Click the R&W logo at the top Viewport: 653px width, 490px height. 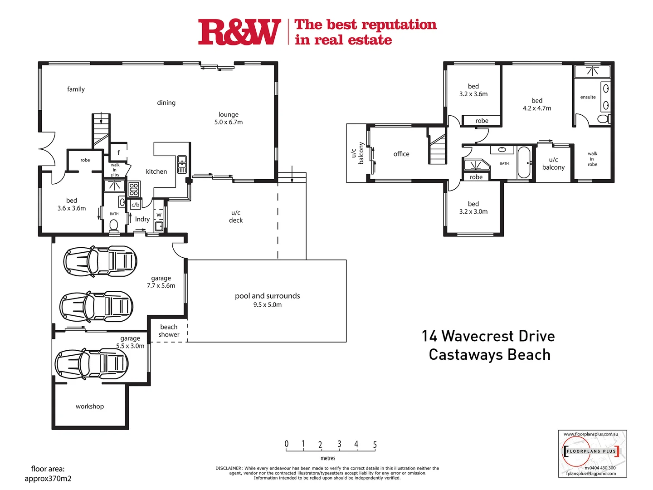coord(239,32)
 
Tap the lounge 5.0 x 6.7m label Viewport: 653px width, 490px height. coord(229,118)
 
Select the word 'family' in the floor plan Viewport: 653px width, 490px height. coord(76,89)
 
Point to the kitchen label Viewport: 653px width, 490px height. coord(156,171)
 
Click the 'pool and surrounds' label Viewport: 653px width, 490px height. coord(267,296)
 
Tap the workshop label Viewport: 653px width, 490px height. coord(90,407)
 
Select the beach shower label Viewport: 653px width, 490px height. coord(169,331)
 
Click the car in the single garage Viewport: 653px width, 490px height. coord(92,364)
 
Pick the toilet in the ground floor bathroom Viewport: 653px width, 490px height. coord(114,225)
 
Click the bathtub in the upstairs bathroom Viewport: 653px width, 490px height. coord(524,162)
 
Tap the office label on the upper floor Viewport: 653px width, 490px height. coord(401,154)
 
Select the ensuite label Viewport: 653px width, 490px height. coord(588,97)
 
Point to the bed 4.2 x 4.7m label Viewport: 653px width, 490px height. coord(537,104)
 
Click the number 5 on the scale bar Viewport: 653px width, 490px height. coord(375,445)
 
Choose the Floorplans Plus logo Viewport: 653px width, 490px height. coord(592,451)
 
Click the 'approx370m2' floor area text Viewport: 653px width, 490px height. coord(48,479)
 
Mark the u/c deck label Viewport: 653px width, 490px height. coord(236,216)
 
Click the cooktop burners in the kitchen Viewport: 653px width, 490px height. coord(134,189)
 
